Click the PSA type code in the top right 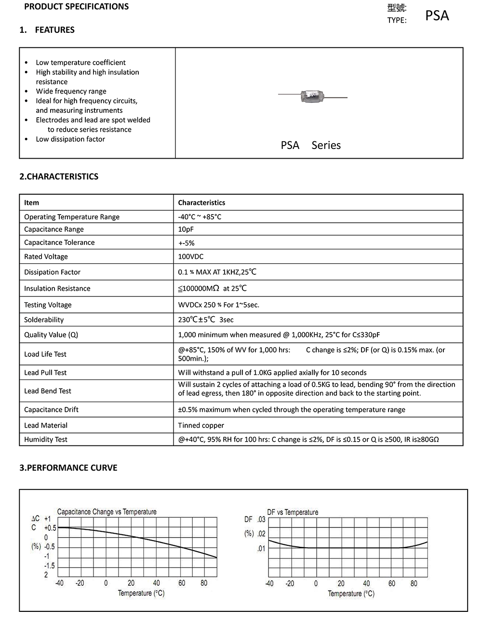coord(437,15)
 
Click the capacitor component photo coord(312,96)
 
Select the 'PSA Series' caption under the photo coord(310,145)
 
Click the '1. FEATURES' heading coord(47,30)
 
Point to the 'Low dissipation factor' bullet coord(70,139)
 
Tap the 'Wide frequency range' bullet coord(71,91)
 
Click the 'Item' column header coord(32,202)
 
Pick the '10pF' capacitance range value coord(186,229)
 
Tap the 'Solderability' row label coord(44,320)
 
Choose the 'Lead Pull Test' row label coord(45,373)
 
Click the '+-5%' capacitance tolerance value coord(186,243)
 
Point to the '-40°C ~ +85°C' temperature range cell coord(200,217)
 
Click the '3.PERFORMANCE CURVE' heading coord(68,468)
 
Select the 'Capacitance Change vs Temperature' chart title coord(107,512)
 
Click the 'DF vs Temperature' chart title coord(293,512)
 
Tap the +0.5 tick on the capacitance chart coord(50,528)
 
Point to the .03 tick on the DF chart coord(261,519)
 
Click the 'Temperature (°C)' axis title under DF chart coord(351,594)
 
